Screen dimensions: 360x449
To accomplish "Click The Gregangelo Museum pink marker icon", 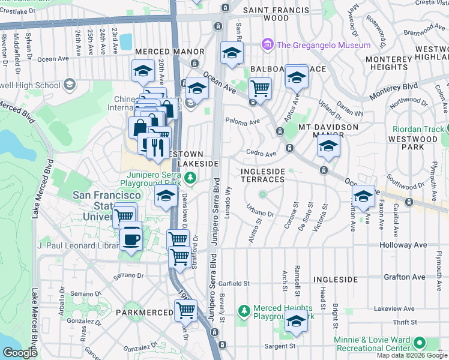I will click(267, 45).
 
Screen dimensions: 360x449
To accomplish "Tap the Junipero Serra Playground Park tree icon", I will click(190, 177).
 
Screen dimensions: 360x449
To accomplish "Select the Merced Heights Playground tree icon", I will click(244, 311).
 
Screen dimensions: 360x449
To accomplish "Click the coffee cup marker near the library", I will click(131, 238).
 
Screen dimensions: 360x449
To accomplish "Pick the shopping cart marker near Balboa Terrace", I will click(259, 89).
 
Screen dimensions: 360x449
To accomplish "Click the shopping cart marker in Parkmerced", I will click(185, 311).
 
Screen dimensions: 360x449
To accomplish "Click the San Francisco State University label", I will click(107, 205).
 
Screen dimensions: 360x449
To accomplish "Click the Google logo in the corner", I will click(20, 353).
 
